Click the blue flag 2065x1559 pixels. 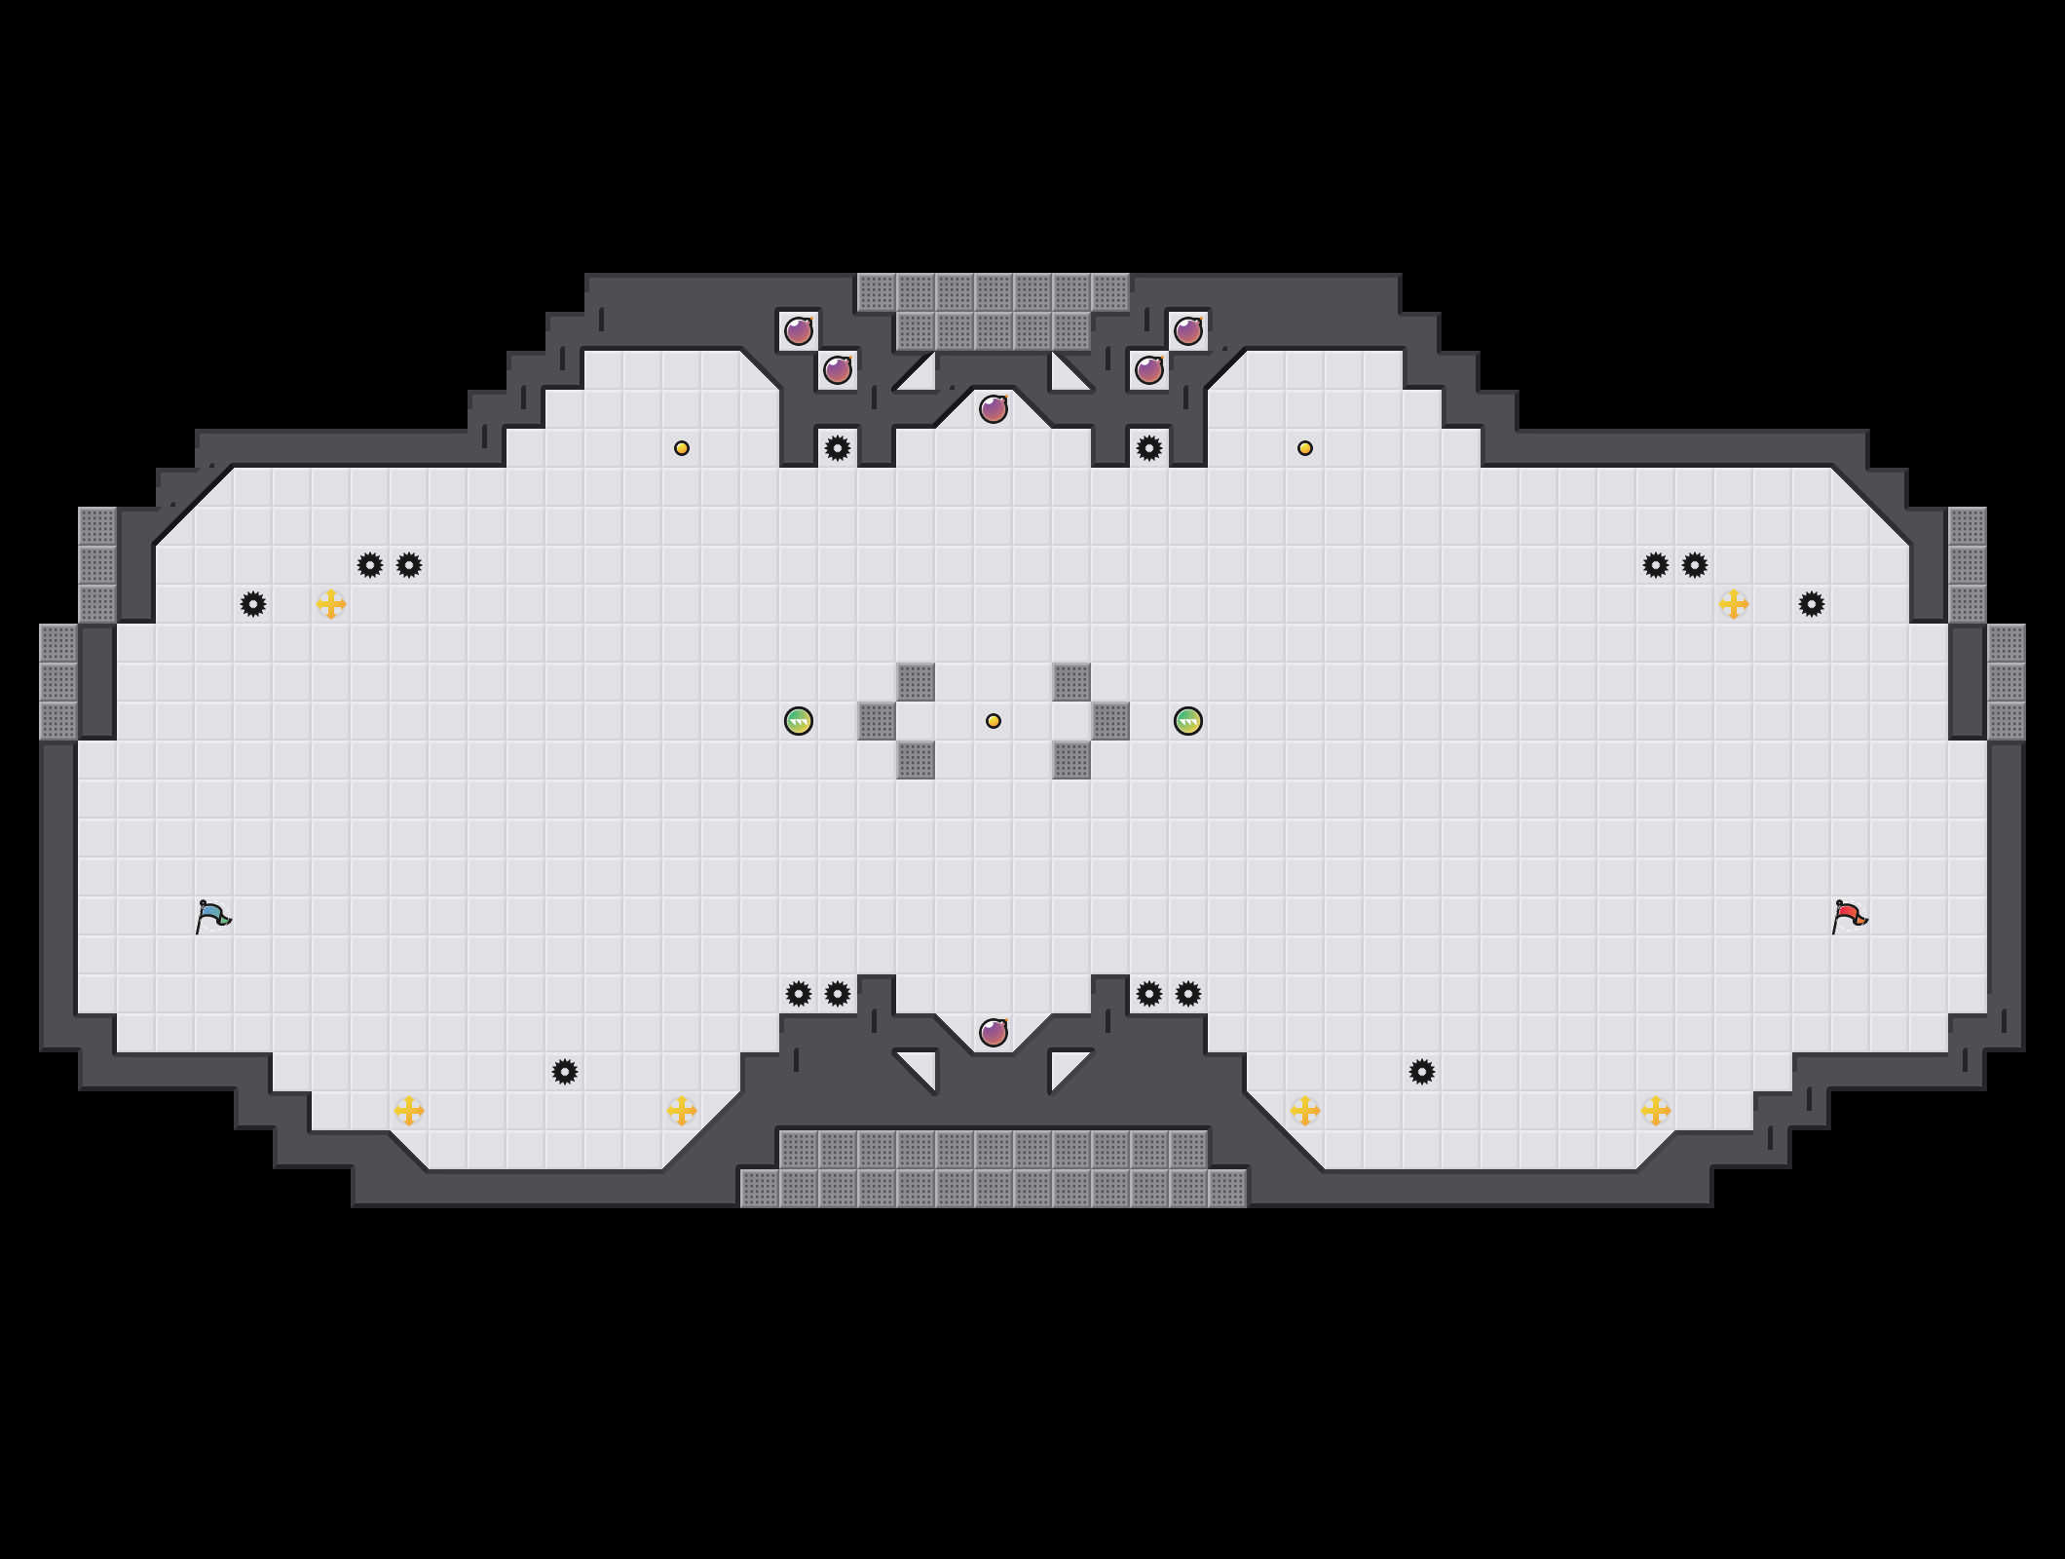[x=212, y=917]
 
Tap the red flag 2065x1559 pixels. [x=1849, y=917]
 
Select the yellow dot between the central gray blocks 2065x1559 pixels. [x=994, y=721]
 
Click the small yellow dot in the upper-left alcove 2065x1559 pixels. [x=682, y=448]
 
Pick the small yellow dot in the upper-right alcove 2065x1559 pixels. [x=1305, y=448]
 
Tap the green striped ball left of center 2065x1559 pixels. [x=799, y=721]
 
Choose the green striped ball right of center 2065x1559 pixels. [x=1188, y=721]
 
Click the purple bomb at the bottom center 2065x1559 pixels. [x=994, y=1032]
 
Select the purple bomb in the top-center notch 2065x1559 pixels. [x=994, y=409]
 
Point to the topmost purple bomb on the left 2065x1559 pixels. [x=799, y=331]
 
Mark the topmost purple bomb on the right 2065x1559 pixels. [x=1188, y=331]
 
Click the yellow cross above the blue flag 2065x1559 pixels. [x=331, y=604]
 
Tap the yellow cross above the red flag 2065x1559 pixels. [x=1734, y=604]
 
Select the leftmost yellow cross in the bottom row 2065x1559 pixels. [x=409, y=1111]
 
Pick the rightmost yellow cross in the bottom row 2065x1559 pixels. [x=1656, y=1111]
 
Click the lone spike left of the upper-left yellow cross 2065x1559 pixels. [x=253, y=604]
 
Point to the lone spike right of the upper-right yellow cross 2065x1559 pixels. [x=1812, y=604]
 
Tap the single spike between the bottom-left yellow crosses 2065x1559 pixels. [x=565, y=1072]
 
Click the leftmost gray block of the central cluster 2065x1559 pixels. [x=877, y=721]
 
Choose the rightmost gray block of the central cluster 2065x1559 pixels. [x=1110, y=721]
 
